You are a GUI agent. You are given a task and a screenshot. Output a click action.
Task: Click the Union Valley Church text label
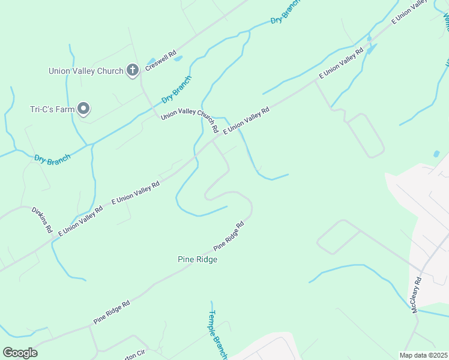pos(85,71)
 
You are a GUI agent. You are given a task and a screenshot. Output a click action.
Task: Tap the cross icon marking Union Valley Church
pos(133,71)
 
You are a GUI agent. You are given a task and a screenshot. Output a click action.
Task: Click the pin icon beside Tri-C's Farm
pos(84,109)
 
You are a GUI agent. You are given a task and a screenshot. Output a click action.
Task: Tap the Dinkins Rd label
pos(42,220)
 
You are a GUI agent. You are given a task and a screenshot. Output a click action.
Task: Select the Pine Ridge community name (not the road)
pos(197,260)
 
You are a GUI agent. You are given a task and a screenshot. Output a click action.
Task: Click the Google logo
pos(20,353)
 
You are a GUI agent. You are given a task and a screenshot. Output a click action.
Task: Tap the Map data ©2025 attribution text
pos(423,355)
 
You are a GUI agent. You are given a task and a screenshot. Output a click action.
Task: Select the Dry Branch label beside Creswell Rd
pos(176,90)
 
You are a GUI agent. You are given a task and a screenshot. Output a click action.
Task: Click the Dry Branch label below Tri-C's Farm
pos(52,159)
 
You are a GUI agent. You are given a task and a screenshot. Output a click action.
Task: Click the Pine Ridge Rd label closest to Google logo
pos(112,313)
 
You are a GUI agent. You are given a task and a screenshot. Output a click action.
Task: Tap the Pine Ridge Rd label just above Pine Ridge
pos(229,236)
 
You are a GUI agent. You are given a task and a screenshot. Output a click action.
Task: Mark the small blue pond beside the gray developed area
pos(436,154)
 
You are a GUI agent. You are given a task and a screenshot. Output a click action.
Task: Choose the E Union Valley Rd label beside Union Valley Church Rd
pos(246,120)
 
